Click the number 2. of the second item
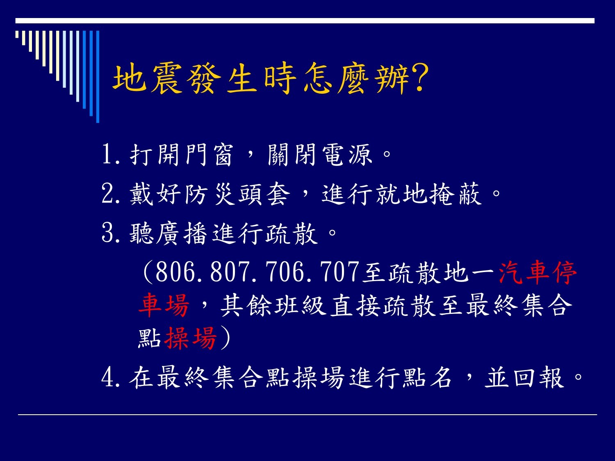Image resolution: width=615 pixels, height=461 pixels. [x=111, y=194]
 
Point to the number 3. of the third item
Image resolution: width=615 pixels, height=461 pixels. [x=111, y=233]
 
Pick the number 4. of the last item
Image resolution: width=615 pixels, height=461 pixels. [x=111, y=378]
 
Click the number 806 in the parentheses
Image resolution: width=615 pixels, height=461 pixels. [x=175, y=271]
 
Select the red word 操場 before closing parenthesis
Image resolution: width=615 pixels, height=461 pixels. [x=191, y=338]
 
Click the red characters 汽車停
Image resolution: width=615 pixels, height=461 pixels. [x=538, y=273]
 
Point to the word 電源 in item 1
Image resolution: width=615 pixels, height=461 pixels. [x=347, y=154]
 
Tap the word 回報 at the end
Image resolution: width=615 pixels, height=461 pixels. [x=539, y=378]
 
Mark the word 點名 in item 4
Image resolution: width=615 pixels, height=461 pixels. [x=428, y=378]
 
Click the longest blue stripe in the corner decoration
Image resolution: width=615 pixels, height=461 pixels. [x=98, y=77]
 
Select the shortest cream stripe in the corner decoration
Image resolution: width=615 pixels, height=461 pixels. [x=17, y=34]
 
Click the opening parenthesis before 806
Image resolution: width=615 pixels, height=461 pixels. [x=148, y=272]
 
